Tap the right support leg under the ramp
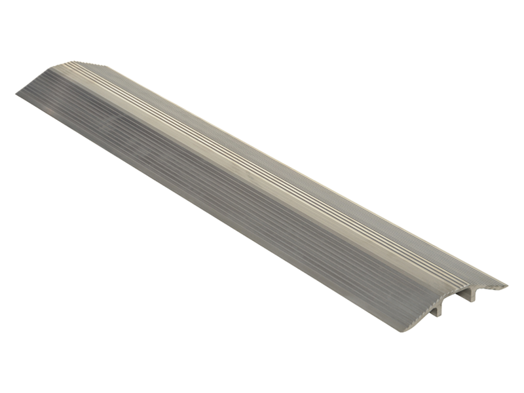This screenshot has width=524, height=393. pyautogui.click(x=472, y=295)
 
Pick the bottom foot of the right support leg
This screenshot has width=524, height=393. pyautogui.click(x=473, y=302)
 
